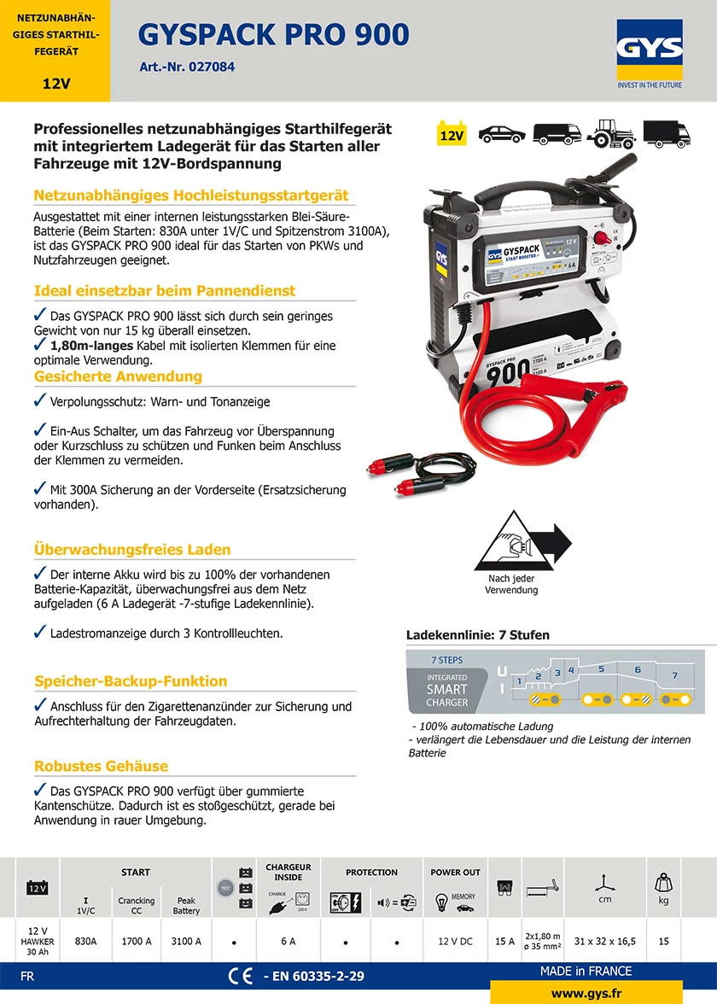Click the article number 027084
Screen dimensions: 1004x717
tap(187, 67)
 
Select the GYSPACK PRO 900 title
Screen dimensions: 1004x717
tap(273, 34)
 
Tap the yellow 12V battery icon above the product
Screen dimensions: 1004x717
tap(452, 134)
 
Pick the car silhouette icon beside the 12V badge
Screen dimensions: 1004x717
tap(502, 134)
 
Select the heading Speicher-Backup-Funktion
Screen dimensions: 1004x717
tap(131, 681)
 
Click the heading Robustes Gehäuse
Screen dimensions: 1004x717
tap(102, 766)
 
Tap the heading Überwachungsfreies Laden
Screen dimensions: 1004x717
tap(132, 550)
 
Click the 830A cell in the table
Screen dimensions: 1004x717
tap(86, 941)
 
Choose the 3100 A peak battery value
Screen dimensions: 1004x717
tap(186, 941)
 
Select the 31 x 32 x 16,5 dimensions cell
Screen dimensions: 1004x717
tap(603, 941)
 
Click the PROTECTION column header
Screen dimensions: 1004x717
tap(371, 873)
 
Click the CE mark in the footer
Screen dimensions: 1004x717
tap(240, 976)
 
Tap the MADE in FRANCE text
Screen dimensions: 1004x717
tap(586, 971)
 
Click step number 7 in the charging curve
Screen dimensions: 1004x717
tap(674, 675)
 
